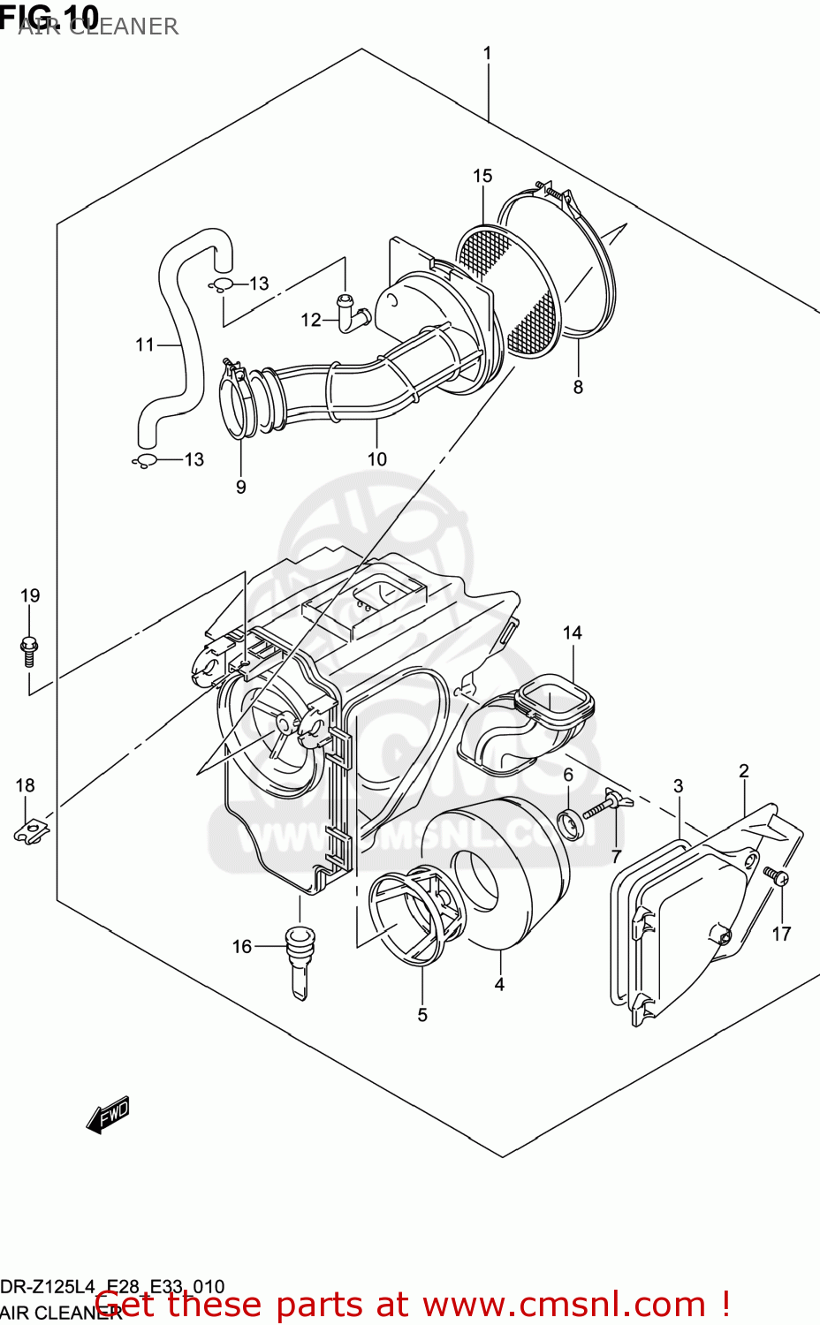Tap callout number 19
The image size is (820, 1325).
pos(30,595)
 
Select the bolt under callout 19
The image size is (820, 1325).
pos(28,651)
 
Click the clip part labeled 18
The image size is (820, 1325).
pos(31,830)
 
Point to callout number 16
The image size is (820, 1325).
pos(241,946)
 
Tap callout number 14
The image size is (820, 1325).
pos(572,632)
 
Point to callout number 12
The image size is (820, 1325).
pos(310,320)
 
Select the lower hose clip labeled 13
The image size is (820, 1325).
pos(145,460)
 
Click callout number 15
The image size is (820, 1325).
pos(482,176)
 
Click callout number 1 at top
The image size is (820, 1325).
pos(487,53)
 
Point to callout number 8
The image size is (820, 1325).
pos(578,387)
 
